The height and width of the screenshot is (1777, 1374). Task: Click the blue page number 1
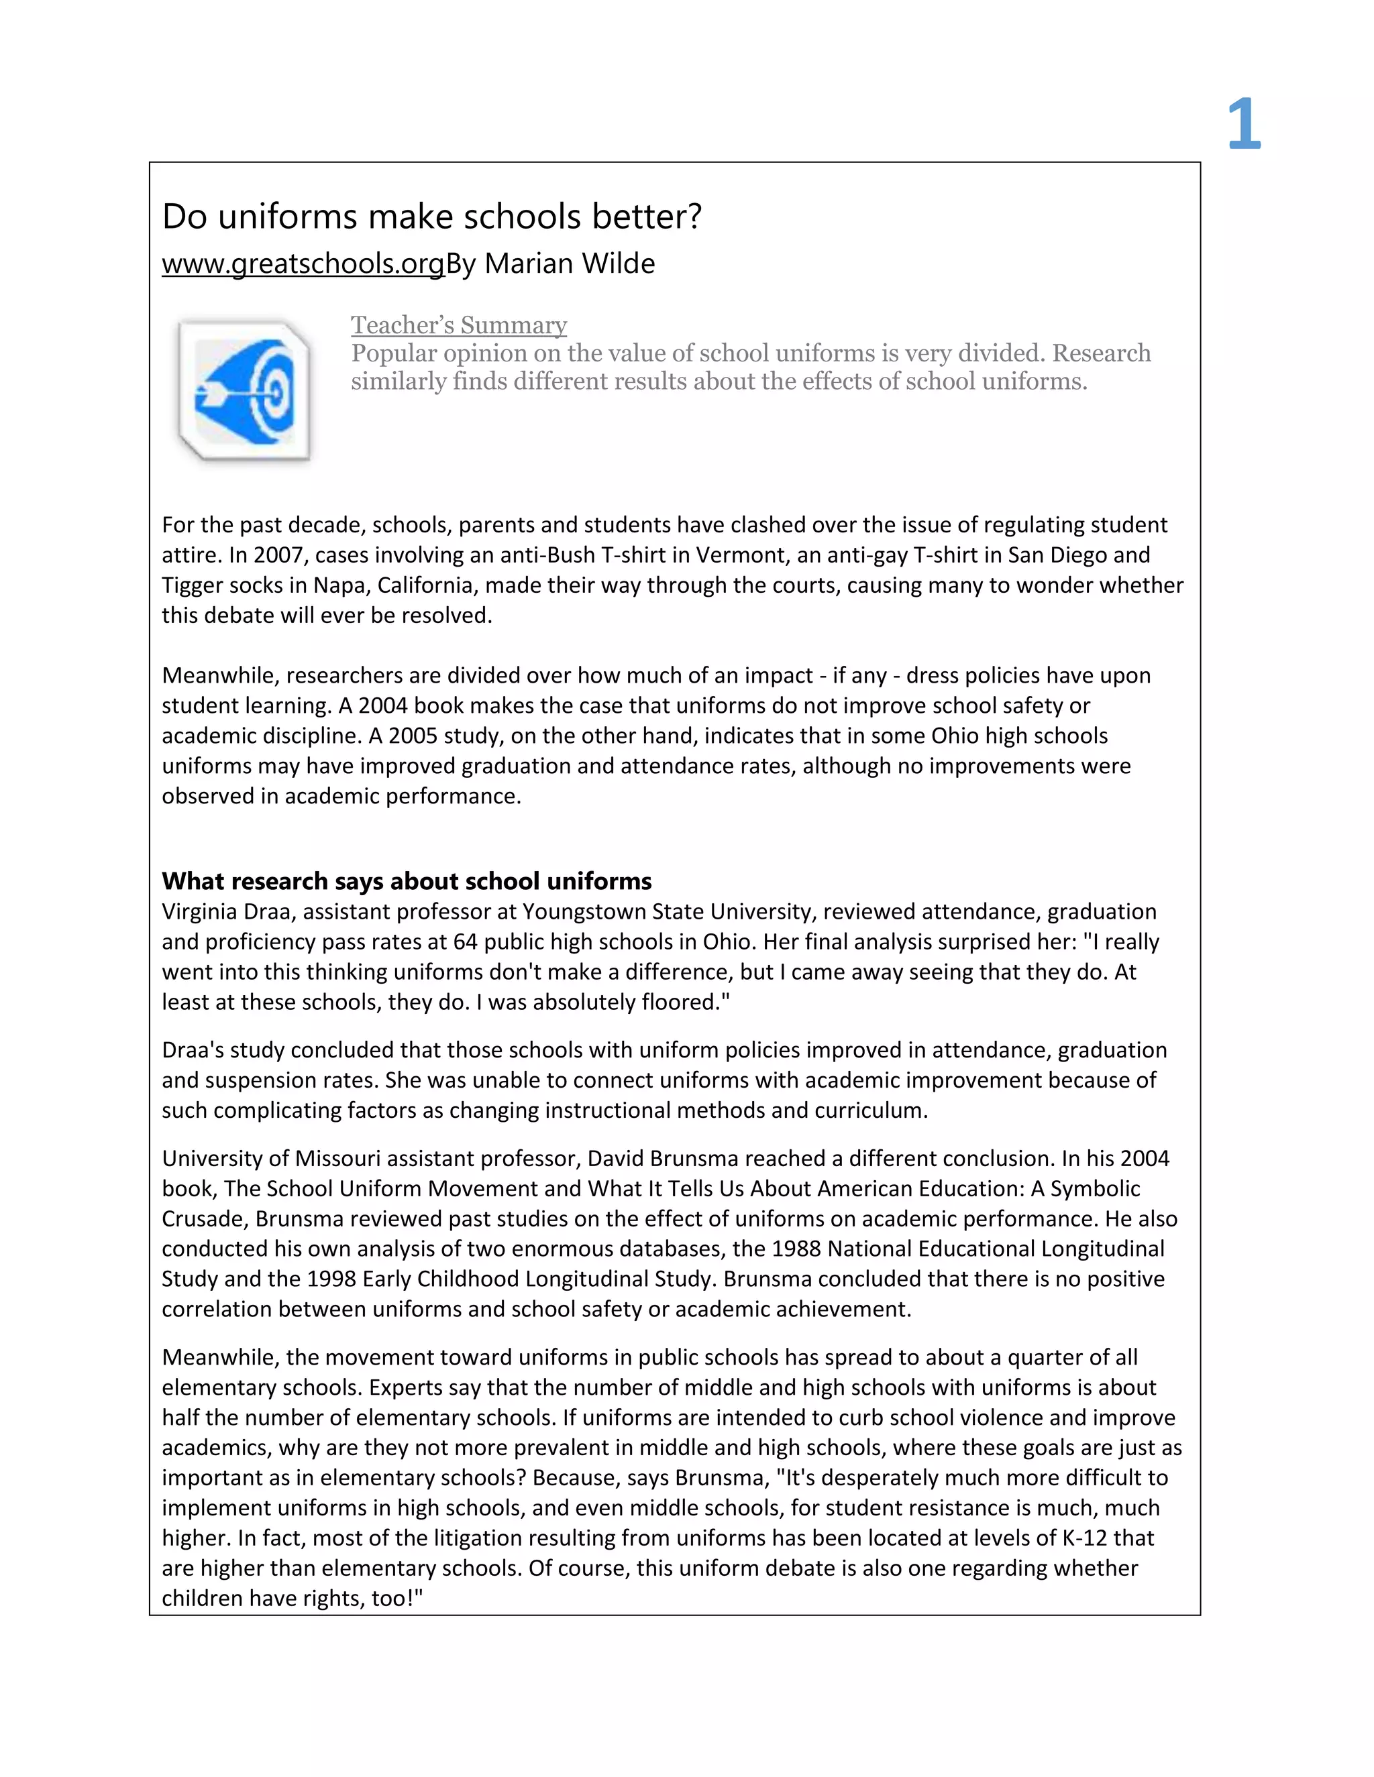click(x=1244, y=125)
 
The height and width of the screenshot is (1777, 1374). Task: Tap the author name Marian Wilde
click(x=570, y=264)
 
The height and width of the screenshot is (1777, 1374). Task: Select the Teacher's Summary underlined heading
click(x=458, y=325)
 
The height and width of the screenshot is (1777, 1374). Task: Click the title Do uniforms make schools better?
click(x=431, y=217)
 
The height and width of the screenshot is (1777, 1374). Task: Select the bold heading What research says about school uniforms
click(x=406, y=880)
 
